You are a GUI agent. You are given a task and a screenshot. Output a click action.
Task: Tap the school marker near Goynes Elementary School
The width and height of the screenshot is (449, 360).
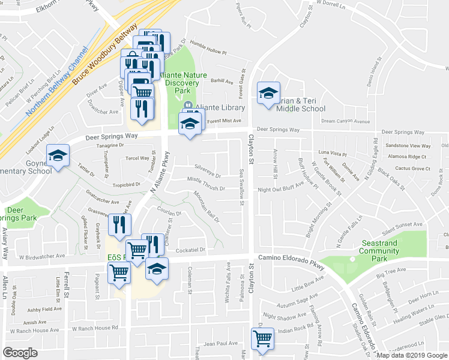58,156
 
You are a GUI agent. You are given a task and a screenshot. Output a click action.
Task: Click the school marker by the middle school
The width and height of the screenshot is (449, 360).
268,93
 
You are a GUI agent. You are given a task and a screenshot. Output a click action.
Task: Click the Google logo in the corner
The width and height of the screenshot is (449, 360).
20,353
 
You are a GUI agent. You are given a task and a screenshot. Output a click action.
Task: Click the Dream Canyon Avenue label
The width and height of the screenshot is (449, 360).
345,121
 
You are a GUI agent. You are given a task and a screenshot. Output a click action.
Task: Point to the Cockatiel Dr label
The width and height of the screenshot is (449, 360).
191,250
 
